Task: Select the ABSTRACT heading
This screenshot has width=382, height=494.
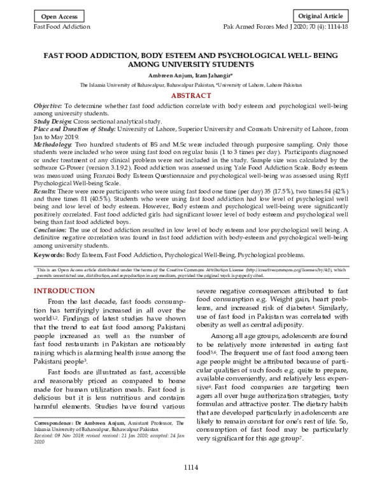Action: pyautogui.click(x=191, y=95)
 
